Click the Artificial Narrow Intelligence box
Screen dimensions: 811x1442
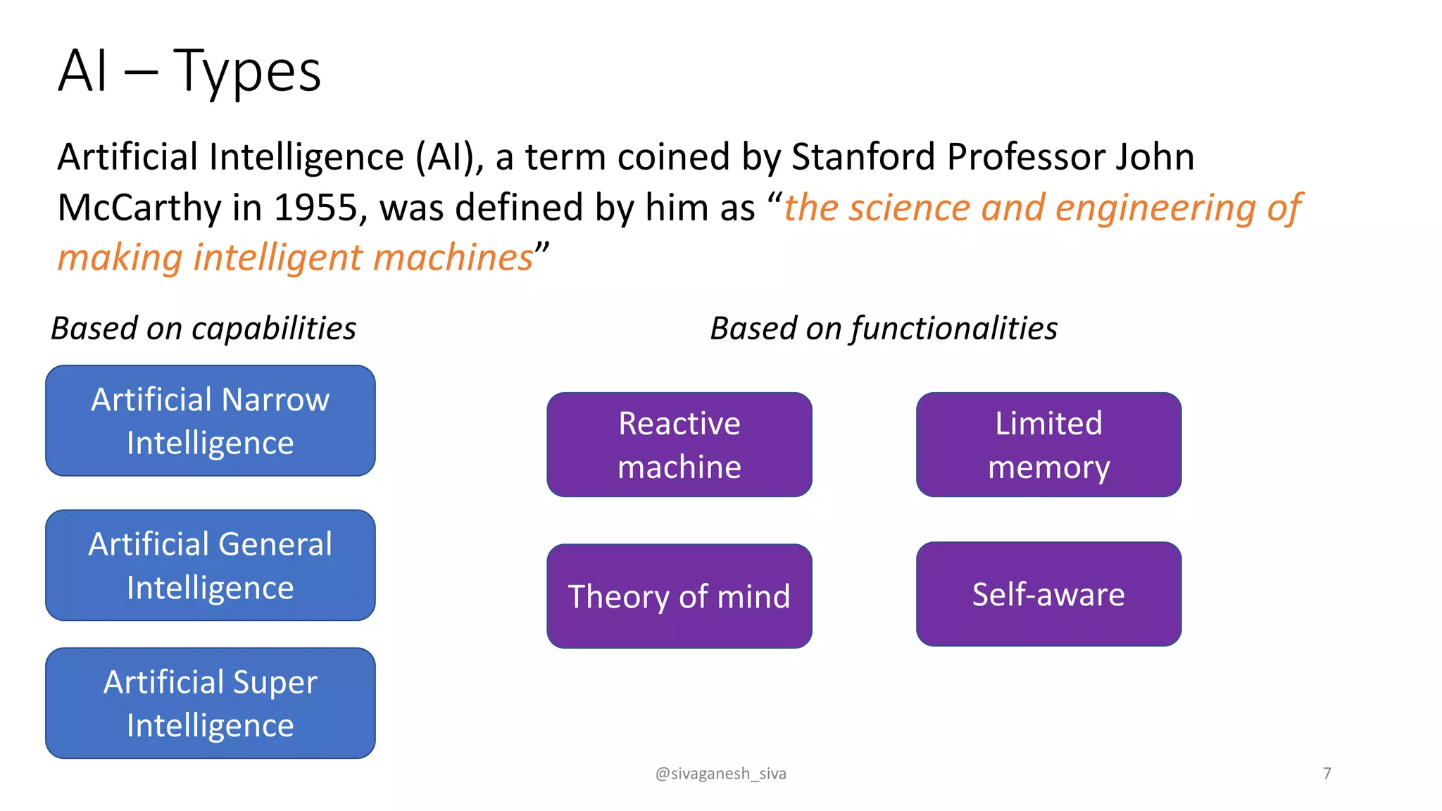210,421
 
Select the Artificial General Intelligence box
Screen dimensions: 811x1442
210,565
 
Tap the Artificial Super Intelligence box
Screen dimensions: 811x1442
210,703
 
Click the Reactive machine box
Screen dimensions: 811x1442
679,445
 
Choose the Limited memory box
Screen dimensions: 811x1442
1048,445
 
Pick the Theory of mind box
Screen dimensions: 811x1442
679,596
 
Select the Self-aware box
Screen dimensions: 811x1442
1048,594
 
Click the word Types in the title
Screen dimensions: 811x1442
246,72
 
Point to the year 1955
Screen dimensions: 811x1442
316,208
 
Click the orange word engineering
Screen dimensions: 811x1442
1155,208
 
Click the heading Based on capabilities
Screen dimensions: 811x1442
203,329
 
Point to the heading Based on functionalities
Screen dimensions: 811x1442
884,329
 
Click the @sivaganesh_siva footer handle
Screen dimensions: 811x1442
720,774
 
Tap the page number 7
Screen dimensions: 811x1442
1327,774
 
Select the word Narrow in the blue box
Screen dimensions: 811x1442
275,400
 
